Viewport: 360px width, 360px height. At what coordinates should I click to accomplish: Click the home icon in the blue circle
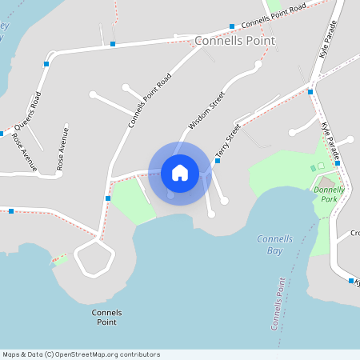click(x=180, y=173)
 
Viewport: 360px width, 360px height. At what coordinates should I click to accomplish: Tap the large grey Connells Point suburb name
click(x=235, y=41)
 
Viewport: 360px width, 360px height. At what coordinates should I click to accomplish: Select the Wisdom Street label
click(x=207, y=110)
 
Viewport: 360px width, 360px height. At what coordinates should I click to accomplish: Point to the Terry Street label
click(x=228, y=139)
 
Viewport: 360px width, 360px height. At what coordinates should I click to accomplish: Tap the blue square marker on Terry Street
click(x=218, y=160)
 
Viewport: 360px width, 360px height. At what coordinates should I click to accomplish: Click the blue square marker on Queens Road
click(x=47, y=63)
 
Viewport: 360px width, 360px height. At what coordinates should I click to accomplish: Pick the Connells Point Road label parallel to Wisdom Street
click(x=150, y=101)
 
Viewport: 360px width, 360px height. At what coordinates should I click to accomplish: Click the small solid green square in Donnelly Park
click(x=313, y=168)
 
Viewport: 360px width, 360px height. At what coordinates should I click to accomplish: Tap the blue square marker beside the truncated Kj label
click(x=351, y=281)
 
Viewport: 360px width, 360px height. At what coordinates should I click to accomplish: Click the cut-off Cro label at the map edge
click(x=354, y=234)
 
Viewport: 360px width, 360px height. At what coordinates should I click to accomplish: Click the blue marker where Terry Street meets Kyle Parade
click(x=310, y=92)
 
